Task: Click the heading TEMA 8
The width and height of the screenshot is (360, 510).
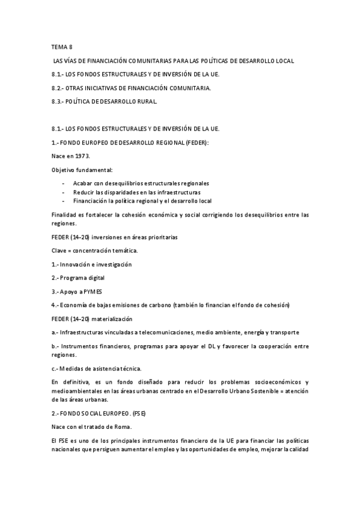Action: tap(62, 46)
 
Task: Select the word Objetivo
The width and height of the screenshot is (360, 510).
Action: tap(64, 170)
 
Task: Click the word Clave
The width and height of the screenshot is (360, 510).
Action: tap(59, 251)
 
